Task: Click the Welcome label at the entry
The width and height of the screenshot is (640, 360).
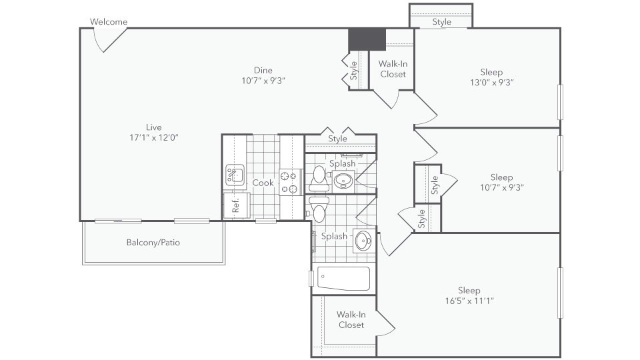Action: point(109,21)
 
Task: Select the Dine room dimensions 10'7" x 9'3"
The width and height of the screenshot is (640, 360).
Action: point(263,81)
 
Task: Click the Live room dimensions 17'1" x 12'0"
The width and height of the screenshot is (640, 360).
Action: point(154,137)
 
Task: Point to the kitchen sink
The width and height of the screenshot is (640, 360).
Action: point(235,175)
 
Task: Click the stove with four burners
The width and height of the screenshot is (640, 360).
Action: point(290,183)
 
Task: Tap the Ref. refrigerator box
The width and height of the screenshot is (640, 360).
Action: point(236,205)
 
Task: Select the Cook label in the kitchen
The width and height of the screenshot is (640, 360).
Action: point(263,183)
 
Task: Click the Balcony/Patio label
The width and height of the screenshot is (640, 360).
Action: point(153,243)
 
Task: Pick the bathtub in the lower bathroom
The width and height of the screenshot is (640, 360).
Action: point(344,279)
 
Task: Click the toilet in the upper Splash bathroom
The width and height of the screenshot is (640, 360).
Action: point(319,179)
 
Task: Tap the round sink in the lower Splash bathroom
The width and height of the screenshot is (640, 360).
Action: point(363,241)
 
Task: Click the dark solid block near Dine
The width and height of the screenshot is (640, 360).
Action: point(367,39)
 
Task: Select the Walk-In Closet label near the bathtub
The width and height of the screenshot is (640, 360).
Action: point(351,319)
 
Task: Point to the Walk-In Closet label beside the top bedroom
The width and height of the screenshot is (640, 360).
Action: point(393,69)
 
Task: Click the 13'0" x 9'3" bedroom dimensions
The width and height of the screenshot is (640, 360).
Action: point(492,83)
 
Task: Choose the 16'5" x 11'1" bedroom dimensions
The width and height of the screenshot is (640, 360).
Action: point(469,301)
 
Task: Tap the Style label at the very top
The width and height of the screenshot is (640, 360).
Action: point(441,21)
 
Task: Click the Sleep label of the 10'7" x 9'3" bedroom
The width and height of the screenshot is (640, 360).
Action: point(501,177)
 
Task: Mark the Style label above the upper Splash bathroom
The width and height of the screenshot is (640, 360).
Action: point(337,139)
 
